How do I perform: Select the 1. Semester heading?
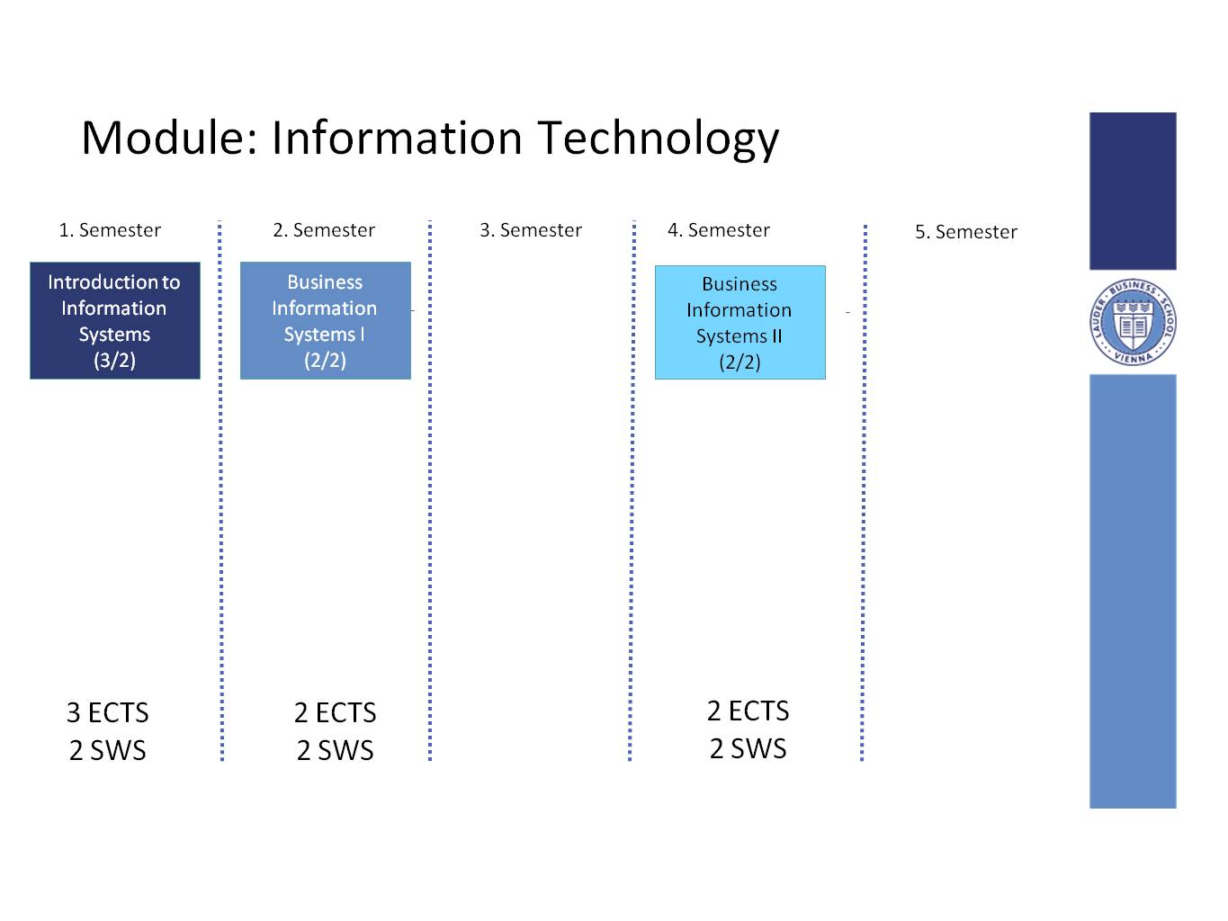coord(110,230)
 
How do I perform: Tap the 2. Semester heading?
coord(324,230)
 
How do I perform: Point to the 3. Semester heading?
coord(531,230)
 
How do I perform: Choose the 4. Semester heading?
coord(719,230)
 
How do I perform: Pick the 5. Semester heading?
coord(966,231)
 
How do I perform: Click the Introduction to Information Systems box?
coord(114,320)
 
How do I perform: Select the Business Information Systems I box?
coord(326,320)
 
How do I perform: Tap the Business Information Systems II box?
coord(740,322)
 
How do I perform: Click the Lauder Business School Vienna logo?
coord(1133,321)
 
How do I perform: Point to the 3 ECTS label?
coord(107,712)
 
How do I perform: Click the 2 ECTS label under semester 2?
coord(335,712)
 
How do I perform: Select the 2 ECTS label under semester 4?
coord(748,711)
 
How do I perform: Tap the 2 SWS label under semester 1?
coord(107,750)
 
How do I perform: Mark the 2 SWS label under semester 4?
coord(748,748)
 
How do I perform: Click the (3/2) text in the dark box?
coord(114,360)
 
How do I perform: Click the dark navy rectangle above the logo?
coord(1133,191)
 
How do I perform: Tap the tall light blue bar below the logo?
coord(1133,591)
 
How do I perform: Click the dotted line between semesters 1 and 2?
coord(220,490)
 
